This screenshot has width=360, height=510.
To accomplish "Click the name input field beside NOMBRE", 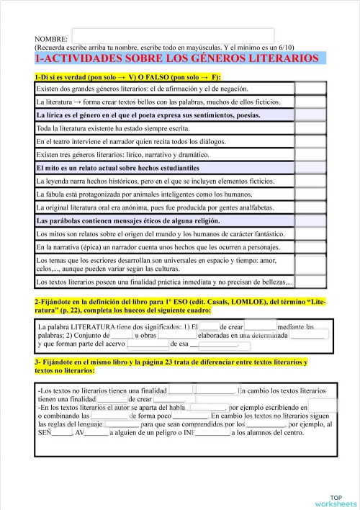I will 173,35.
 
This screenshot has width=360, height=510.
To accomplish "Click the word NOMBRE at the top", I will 51,38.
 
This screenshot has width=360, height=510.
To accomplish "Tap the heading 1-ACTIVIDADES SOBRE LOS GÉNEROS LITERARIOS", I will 176,58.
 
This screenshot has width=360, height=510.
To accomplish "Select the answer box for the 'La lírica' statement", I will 310,115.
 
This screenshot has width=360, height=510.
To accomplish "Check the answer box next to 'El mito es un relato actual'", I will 310,168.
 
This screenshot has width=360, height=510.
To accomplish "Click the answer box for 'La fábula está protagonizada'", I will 310,194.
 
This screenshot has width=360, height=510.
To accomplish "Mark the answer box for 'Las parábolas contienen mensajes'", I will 310,220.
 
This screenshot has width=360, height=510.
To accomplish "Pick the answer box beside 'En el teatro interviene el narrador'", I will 310,141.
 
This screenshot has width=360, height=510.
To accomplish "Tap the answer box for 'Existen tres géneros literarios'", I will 310,154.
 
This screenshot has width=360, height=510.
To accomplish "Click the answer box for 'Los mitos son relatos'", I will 310,234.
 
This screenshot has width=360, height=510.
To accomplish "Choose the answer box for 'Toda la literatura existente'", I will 310,128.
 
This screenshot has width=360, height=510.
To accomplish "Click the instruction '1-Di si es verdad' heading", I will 127,76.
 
